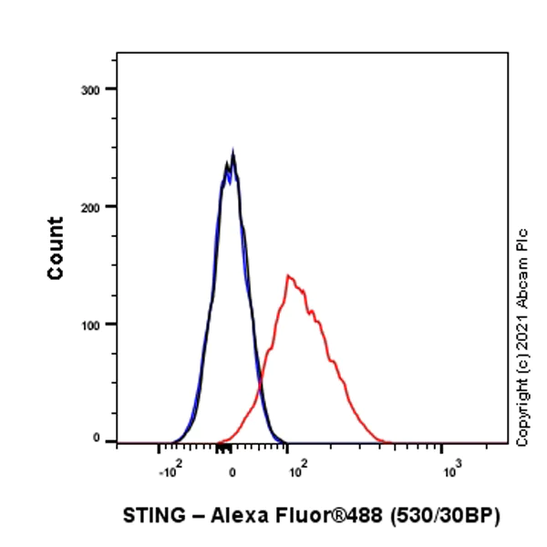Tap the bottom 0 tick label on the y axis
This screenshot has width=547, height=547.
[x=96, y=439]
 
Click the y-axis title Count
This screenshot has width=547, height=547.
[x=56, y=248]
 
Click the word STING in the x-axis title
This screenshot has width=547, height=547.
[x=150, y=515]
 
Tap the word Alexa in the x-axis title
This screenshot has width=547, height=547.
[x=236, y=515]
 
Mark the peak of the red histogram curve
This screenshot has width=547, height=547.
[x=288, y=274]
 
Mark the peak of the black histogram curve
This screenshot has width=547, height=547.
[x=233, y=155]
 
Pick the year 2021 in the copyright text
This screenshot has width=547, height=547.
[x=522, y=337]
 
